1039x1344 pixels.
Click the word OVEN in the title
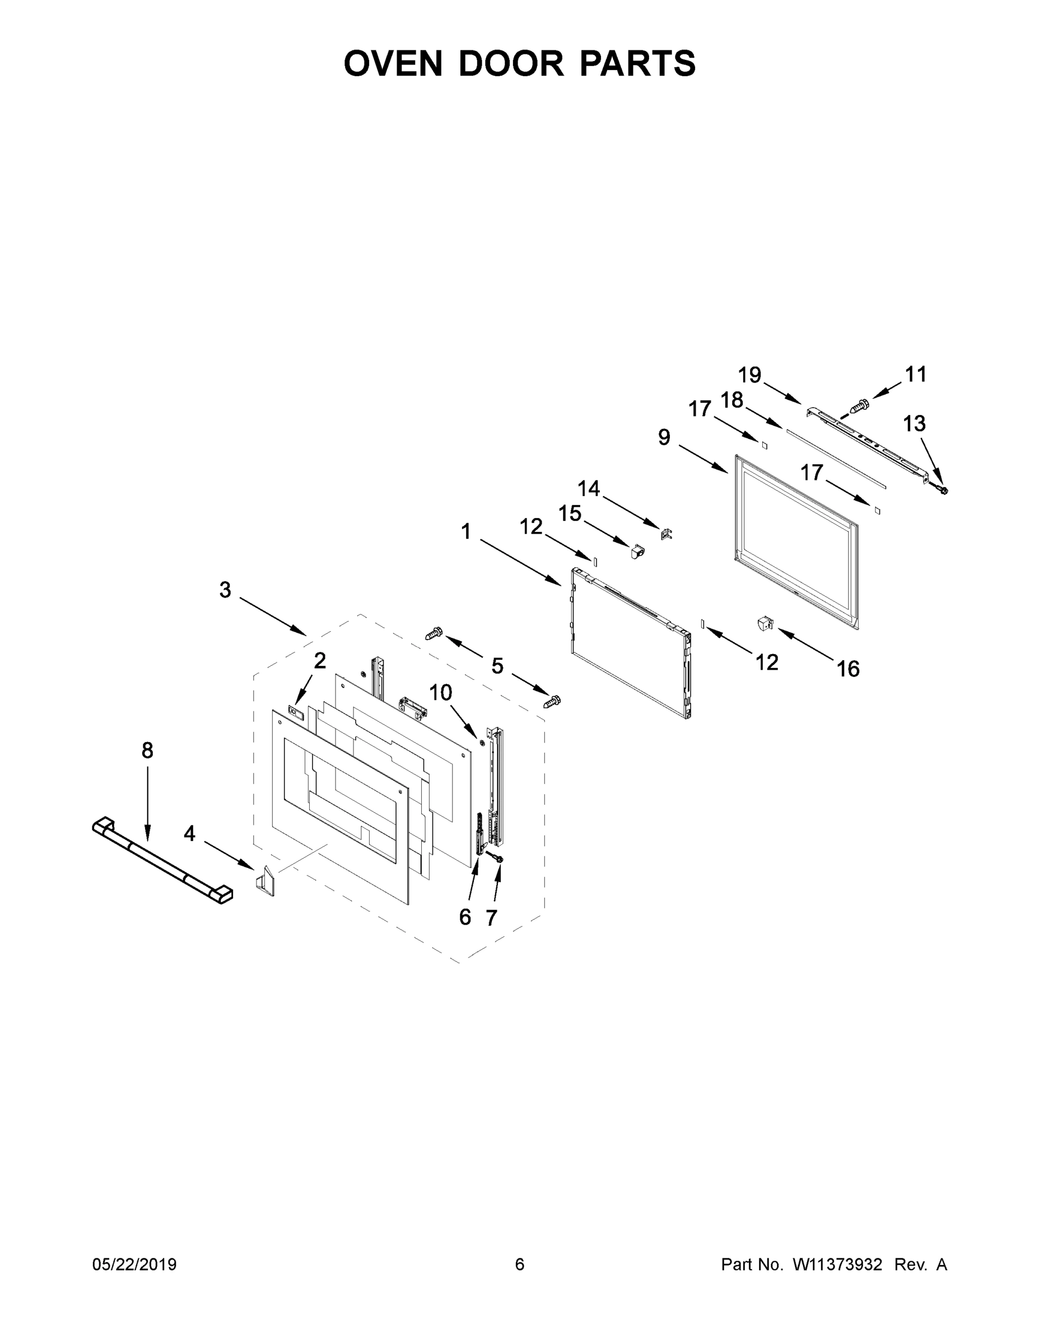(x=393, y=63)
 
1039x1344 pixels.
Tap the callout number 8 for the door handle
(x=147, y=750)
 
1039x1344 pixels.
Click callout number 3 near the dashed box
(x=225, y=590)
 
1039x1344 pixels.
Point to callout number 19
(x=750, y=374)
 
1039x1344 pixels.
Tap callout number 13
(x=914, y=423)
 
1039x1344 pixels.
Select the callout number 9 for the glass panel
(x=664, y=437)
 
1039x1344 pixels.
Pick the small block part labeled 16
(x=765, y=623)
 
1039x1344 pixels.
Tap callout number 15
(x=570, y=512)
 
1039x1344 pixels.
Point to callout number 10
(x=441, y=692)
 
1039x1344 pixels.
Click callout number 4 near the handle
(x=189, y=834)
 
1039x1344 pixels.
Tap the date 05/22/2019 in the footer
(x=134, y=1264)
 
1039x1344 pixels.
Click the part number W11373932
(x=837, y=1264)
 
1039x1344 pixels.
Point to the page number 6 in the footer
(x=520, y=1264)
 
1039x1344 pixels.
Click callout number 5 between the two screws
(x=497, y=665)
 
